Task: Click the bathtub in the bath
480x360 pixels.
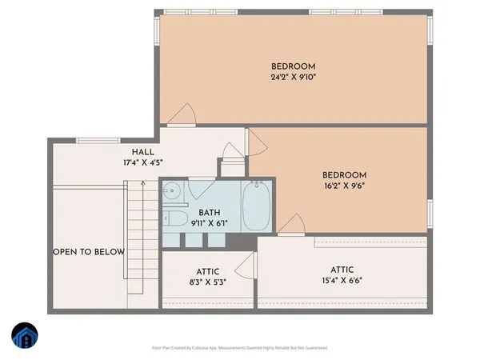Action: coord(258,206)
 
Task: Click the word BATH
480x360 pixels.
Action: coord(210,212)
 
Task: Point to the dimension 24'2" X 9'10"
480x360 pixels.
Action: coord(293,78)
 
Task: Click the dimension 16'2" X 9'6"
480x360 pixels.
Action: coord(344,187)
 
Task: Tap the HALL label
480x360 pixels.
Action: coord(144,151)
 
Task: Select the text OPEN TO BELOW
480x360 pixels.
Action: coord(89,252)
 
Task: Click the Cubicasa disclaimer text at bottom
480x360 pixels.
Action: coord(239,348)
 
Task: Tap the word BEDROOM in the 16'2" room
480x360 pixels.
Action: coord(344,175)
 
